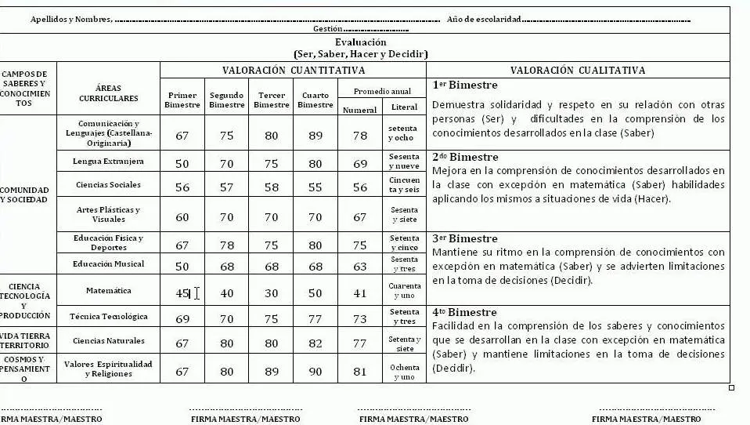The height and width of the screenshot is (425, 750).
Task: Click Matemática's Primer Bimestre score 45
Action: click(182, 293)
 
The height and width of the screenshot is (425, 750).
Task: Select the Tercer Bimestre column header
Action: click(272, 100)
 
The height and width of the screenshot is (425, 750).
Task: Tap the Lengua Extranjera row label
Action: click(108, 161)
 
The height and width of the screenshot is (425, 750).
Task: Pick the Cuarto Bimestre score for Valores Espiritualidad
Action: click(316, 372)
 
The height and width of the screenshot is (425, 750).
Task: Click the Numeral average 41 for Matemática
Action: click(360, 293)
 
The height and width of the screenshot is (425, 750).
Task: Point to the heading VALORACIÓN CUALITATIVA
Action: click(578, 70)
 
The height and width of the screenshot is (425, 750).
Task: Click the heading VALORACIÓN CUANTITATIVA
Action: click(293, 70)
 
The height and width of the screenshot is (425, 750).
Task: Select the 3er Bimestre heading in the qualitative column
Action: click(464, 238)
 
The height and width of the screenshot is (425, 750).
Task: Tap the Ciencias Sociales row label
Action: click(108, 185)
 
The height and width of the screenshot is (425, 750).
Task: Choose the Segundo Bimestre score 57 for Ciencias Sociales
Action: click(227, 188)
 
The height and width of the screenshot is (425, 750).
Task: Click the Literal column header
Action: click(404, 107)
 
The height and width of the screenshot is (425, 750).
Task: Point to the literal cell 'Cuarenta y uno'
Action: click(404, 291)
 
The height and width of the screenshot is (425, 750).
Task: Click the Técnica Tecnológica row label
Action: click(108, 317)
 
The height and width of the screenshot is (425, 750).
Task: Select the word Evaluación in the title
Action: click(360, 42)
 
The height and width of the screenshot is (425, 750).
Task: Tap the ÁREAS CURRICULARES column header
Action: click(108, 93)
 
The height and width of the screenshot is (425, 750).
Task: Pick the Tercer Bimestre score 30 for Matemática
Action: click(272, 293)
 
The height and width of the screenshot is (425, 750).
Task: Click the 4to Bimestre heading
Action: click(464, 312)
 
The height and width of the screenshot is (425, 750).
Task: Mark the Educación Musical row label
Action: click(108, 263)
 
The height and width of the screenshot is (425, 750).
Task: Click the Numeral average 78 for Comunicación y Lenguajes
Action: click(360, 136)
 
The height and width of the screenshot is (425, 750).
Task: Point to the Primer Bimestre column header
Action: click(182, 100)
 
